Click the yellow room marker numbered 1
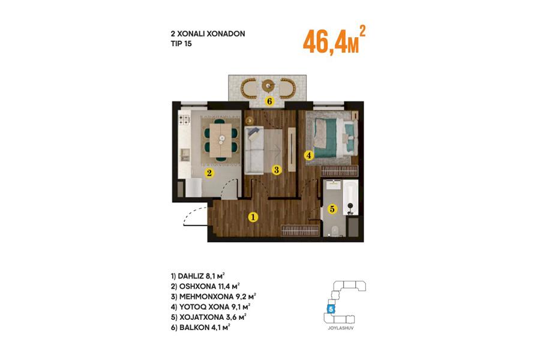coord(253,217)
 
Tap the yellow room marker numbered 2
coord(209,173)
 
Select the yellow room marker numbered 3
coord(276,169)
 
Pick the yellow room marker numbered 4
coord(309,155)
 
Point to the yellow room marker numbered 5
coord(332,209)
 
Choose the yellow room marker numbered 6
coord(269,101)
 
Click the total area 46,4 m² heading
coord(334,40)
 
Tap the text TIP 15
coord(181,44)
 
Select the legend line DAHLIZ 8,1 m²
coord(197,276)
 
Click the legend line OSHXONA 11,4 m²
coord(205,286)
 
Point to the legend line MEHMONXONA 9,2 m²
coord(213,296)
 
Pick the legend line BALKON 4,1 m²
coord(200,327)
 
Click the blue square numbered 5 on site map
coord(331,309)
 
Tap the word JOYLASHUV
coord(341,328)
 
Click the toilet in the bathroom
coord(334,230)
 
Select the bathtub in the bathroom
coord(350,197)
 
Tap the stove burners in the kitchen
coord(184,120)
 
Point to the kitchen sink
coord(185,155)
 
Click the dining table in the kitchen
coord(221,140)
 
